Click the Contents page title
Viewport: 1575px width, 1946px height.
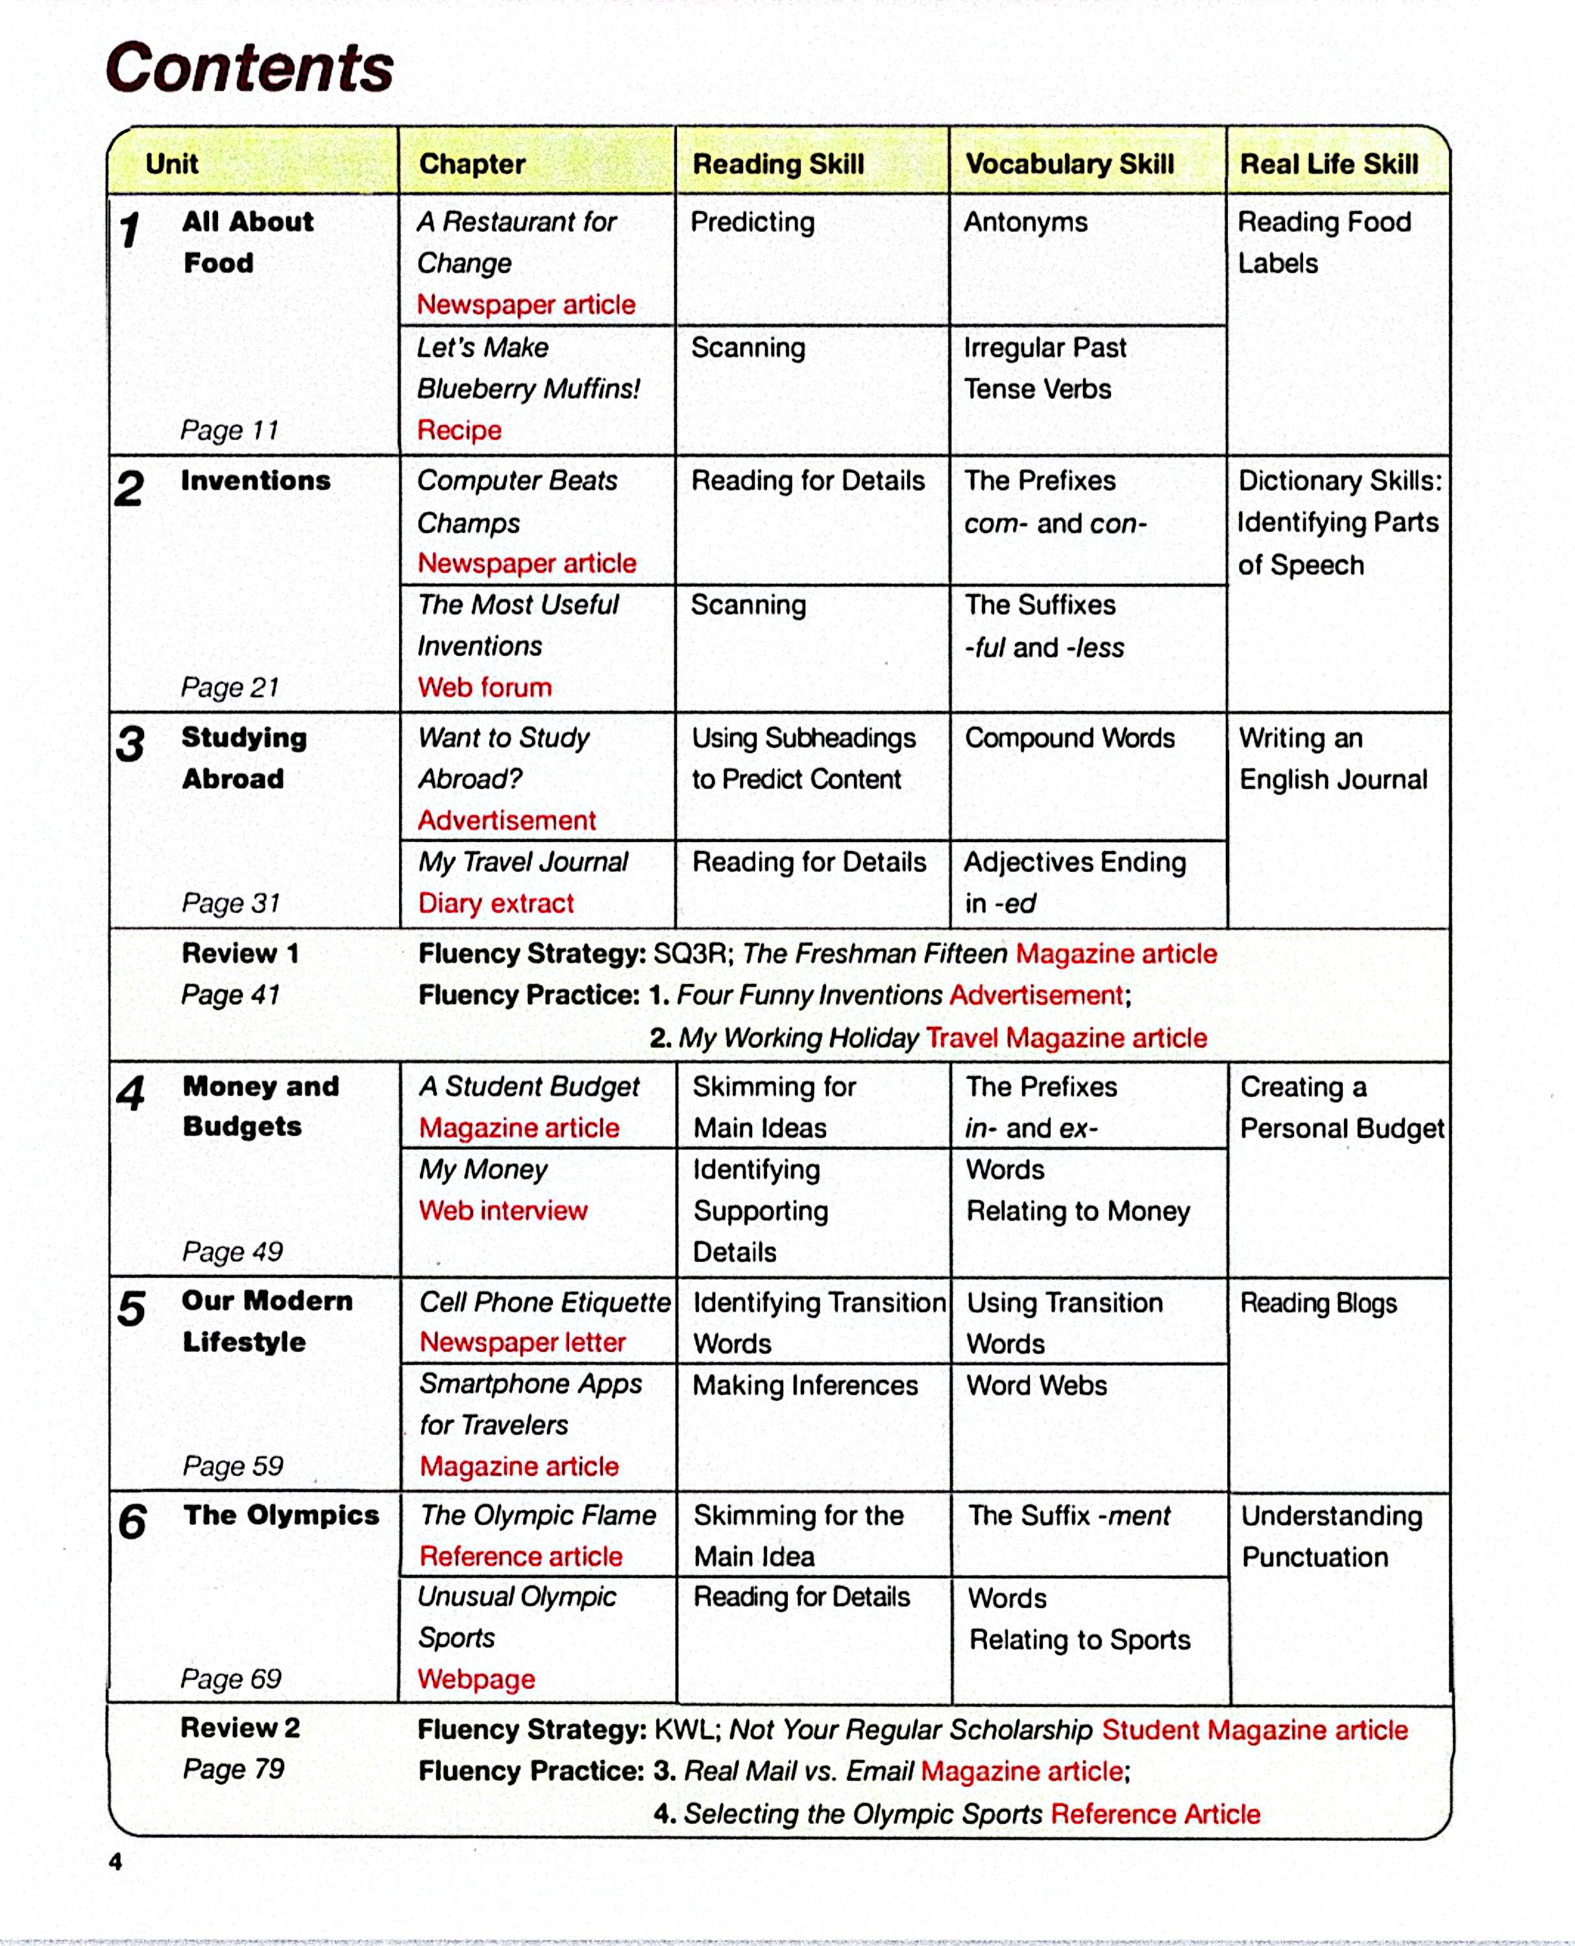click(x=249, y=68)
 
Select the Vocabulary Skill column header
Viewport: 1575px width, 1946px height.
click(x=1069, y=164)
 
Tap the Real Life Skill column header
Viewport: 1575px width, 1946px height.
click(x=1328, y=164)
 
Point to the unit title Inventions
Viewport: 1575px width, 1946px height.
click(x=255, y=481)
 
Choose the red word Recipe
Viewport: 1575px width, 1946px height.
click(x=459, y=430)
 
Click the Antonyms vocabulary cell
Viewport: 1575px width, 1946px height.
click(x=1025, y=222)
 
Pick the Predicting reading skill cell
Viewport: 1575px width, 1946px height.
click(x=752, y=222)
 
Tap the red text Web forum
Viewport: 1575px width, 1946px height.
click(x=485, y=688)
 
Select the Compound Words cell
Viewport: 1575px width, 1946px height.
click(x=1069, y=738)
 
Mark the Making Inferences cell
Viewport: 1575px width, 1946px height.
click(x=805, y=1386)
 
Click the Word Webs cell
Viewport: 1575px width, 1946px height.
click(x=1036, y=1386)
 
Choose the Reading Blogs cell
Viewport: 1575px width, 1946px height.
click(x=1318, y=1303)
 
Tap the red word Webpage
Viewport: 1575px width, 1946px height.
click(x=476, y=1679)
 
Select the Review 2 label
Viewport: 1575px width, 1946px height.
click(x=240, y=1727)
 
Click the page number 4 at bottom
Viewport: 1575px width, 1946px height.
click(x=116, y=1862)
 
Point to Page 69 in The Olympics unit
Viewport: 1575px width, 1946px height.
click(x=232, y=1679)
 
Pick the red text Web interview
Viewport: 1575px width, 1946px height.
click(x=504, y=1210)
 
